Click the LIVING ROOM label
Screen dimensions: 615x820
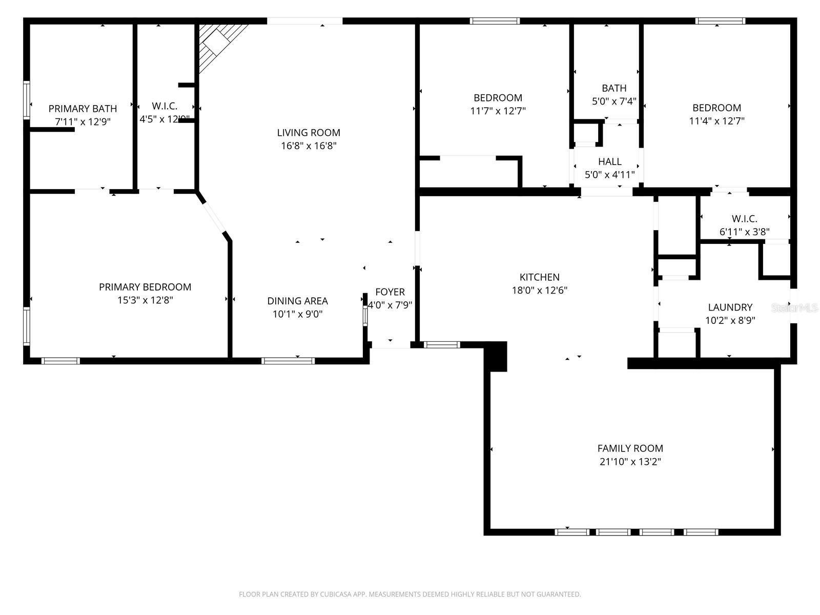click(309, 133)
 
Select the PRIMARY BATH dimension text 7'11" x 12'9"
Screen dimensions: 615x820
click(83, 122)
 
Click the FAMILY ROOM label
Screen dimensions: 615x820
click(630, 448)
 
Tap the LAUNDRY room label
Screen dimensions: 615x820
click(730, 307)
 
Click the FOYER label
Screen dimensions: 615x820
click(390, 292)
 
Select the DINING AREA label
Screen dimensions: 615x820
click(297, 301)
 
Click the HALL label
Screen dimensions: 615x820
click(609, 162)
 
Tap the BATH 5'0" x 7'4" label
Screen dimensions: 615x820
click(614, 89)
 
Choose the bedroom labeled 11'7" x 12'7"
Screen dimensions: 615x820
click(498, 98)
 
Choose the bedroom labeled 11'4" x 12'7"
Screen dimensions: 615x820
click(716, 108)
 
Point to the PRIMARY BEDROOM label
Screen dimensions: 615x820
click(145, 288)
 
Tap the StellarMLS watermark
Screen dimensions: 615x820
click(795, 308)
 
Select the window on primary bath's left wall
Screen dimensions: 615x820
click(27, 100)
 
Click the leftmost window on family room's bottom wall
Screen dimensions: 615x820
click(572, 532)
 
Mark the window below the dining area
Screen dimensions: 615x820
click(288, 361)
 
